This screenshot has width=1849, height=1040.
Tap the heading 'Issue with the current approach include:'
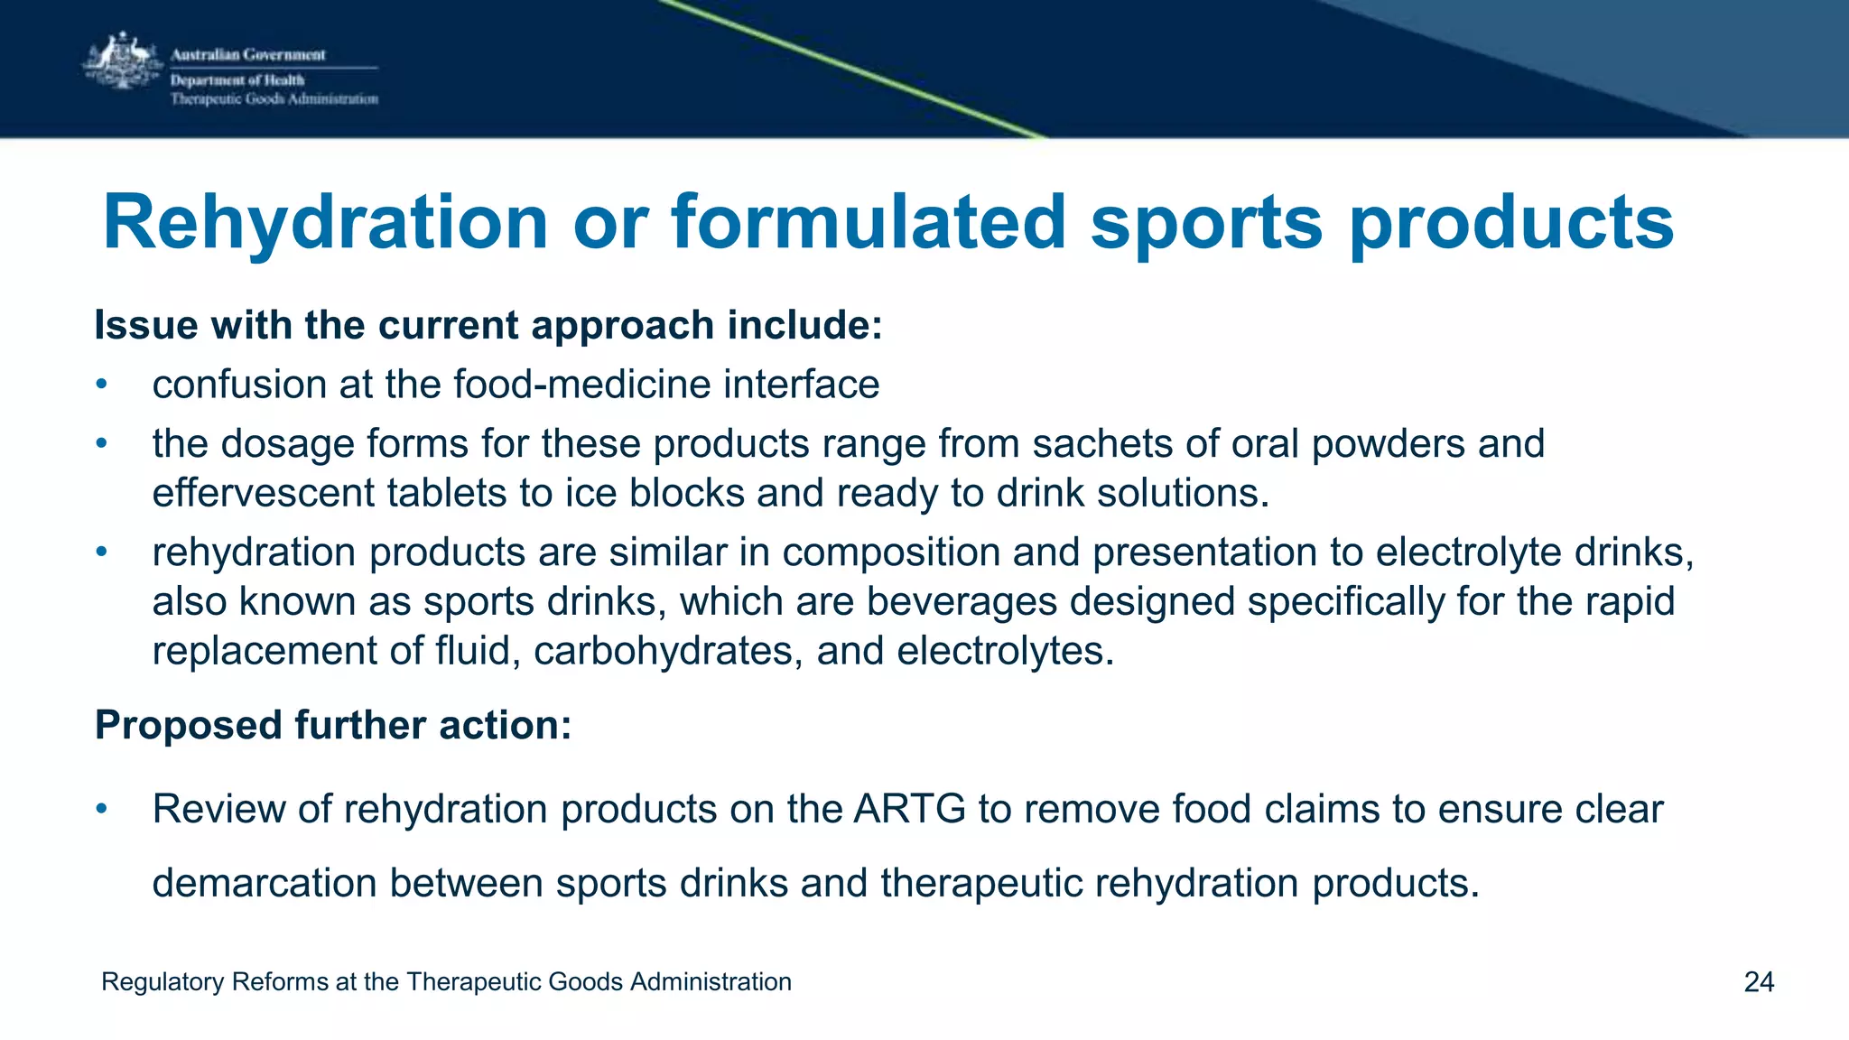pos(488,325)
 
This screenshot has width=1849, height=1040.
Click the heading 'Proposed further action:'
pos(333,725)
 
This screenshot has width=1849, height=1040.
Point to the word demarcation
pos(264,883)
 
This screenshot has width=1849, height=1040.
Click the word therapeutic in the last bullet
pos(980,883)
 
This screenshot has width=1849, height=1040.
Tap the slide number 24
pos(1759,982)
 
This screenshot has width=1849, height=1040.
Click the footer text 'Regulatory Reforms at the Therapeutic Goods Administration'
pos(446,982)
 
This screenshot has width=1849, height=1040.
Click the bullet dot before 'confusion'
pos(102,385)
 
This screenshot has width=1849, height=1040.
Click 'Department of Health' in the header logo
pos(237,80)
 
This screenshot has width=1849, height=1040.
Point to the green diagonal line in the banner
pos(849,68)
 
